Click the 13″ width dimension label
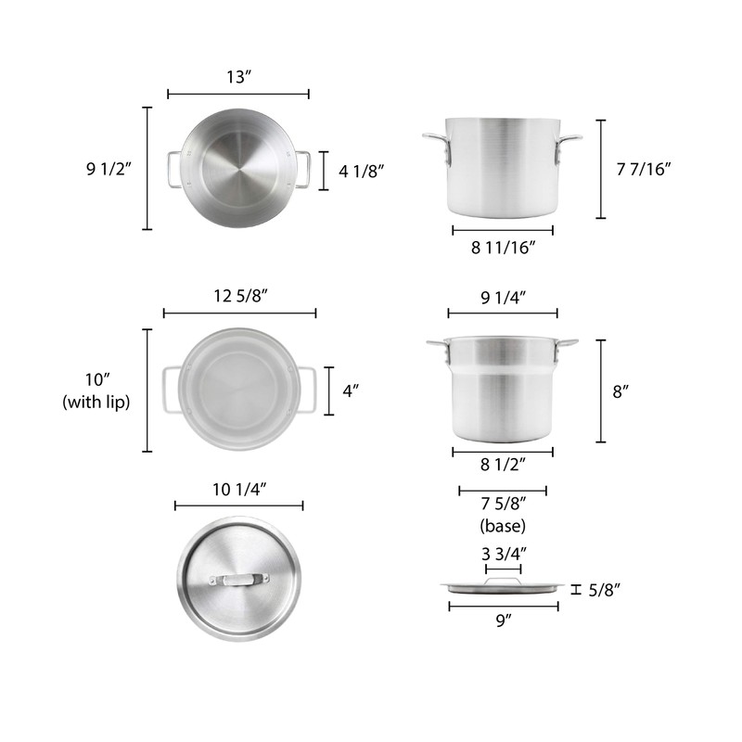(x=238, y=76)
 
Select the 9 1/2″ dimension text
(x=109, y=168)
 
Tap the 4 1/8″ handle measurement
(x=361, y=171)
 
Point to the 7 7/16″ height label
(x=643, y=168)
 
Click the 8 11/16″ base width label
(x=502, y=248)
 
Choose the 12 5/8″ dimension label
(x=240, y=296)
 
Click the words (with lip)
(x=96, y=402)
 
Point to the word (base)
(x=503, y=526)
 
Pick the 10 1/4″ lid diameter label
(x=238, y=488)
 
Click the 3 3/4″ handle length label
(x=503, y=554)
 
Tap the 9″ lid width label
(x=503, y=623)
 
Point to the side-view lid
(x=503, y=585)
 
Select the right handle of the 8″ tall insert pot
(x=565, y=347)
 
